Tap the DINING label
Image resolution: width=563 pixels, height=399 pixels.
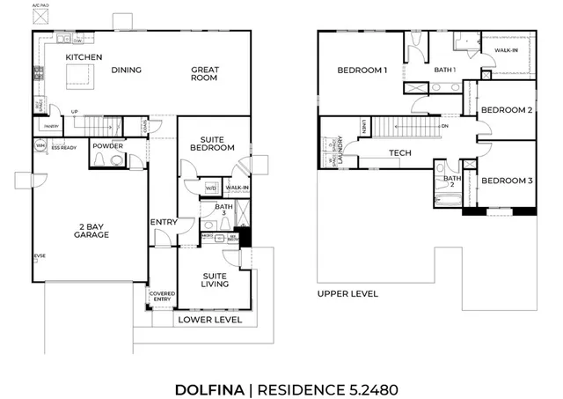(x=127, y=70)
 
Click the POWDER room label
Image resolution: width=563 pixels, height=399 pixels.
(x=107, y=146)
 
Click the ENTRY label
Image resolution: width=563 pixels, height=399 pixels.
(x=164, y=222)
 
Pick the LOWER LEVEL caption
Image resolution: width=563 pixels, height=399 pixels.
(x=210, y=320)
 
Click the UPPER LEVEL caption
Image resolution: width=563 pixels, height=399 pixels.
(x=347, y=293)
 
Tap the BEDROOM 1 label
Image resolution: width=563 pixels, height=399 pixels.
(x=362, y=70)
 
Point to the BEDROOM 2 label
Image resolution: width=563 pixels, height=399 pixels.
(x=506, y=110)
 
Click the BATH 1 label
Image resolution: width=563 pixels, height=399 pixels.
(x=445, y=70)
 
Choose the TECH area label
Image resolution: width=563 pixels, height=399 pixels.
(x=400, y=153)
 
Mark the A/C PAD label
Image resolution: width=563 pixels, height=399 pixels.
(x=40, y=4)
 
